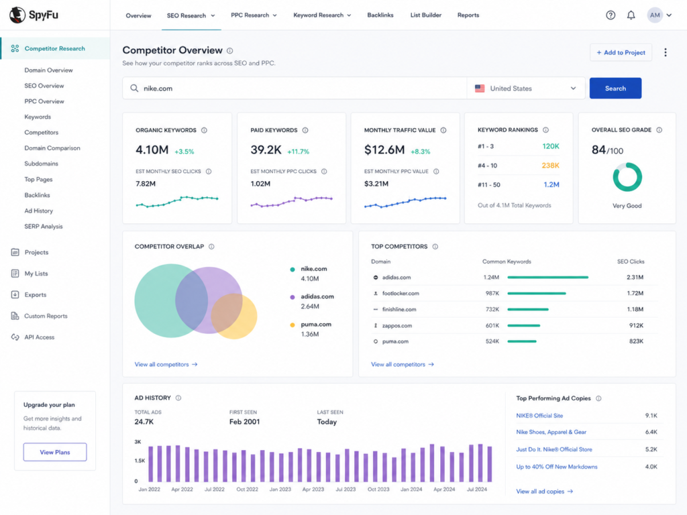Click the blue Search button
click(x=615, y=88)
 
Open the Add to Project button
click(x=621, y=52)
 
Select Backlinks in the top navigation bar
click(x=380, y=15)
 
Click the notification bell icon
click(x=631, y=15)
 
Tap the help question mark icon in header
click(x=611, y=15)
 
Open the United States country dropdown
click(x=526, y=88)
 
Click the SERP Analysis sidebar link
click(x=44, y=227)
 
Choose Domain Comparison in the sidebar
click(x=52, y=148)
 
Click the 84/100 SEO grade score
click(x=607, y=150)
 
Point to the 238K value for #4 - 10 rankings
click(x=550, y=166)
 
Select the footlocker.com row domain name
click(x=401, y=294)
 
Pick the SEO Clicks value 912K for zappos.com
click(x=636, y=325)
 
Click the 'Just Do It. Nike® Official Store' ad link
click(x=553, y=449)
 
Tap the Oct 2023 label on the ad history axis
click(x=378, y=489)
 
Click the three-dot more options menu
click(x=665, y=52)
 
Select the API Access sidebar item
click(x=39, y=337)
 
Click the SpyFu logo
click(x=34, y=15)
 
